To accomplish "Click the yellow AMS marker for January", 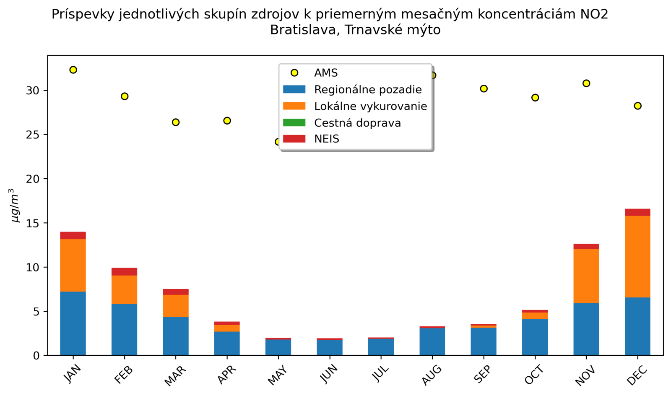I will pyautogui.click(x=73, y=70).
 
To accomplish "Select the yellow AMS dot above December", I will pyautogui.click(x=637, y=106).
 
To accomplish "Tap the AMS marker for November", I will pyautogui.click(x=586, y=83).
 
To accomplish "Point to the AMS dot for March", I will pyautogui.click(x=176, y=122).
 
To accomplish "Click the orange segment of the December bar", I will pyautogui.click(x=637, y=257).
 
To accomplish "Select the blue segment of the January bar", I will pyautogui.click(x=73, y=323).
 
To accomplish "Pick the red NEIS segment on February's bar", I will pyautogui.click(x=124, y=271).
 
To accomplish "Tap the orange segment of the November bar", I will pyautogui.click(x=586, y=276).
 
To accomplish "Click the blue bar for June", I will pyautogui.click(x=330, y=347).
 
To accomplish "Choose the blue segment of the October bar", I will pyautogui.click(x=535, y=337).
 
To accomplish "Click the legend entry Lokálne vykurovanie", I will pyautogui.click(x=370, y=106).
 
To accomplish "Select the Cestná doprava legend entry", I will pyautogui.click(x=357, y=123).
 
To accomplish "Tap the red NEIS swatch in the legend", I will pyautogui.click(x=294, y=139).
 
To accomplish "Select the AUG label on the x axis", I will pyautogui.click(x=432, y=375).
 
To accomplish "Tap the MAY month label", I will pyautogui.click(x=277, y=375).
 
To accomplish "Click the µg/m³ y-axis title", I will pyautogui.click(x=15, y=206).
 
